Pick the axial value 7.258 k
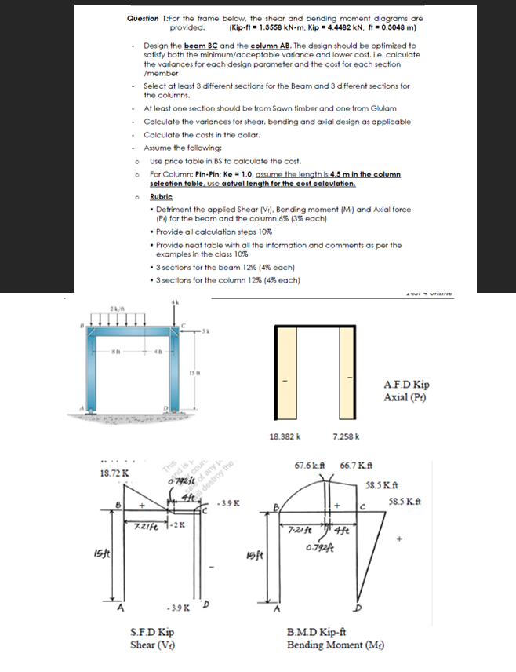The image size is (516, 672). pyautogui.click(x=347, y=434)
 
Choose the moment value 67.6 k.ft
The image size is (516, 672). pyautogui.click(x=308, y=464)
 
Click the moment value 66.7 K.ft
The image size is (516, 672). pyautogui.click(x=356, y=464)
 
